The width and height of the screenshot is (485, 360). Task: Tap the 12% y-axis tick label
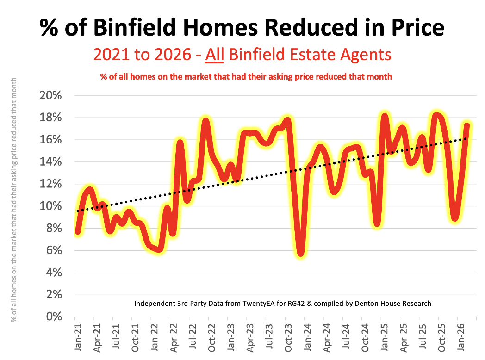[x=49, y=184]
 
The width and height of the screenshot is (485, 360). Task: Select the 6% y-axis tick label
[x=52, y=250]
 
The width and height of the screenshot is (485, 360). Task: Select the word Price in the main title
[x=411, y=28]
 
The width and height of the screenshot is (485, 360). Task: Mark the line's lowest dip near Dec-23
[x=301, y=253]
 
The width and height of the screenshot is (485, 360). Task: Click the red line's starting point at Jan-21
[x=78, y=231]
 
